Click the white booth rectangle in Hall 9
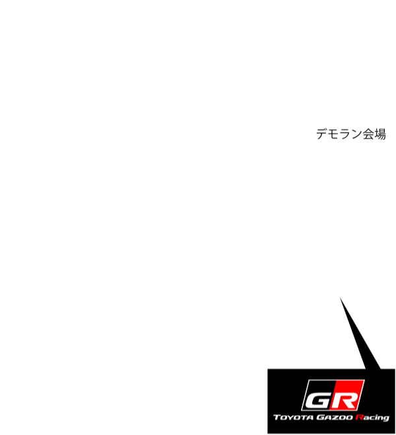(x=339, y=278)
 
